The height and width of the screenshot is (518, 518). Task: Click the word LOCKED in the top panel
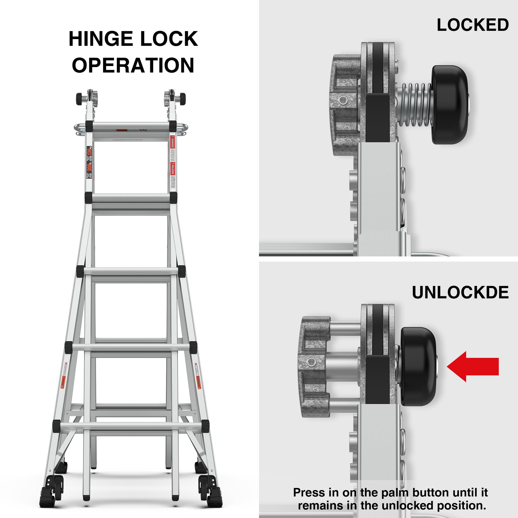click(473, 25)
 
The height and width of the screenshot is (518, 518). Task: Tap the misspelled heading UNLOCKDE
click(460, 293)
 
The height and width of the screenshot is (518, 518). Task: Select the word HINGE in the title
click(102, 39)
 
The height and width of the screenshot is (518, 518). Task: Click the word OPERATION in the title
click(133, 65)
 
